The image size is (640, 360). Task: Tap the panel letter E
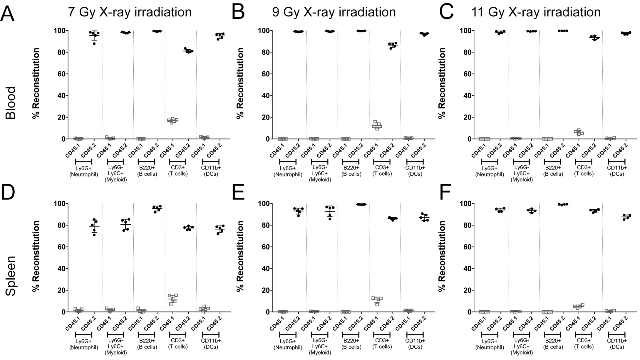click(x=238, y=192)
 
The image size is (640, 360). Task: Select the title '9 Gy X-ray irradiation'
click(x=334, y=12)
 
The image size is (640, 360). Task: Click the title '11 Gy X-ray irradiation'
click(x=536, y=12)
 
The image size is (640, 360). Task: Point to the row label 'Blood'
click(x=11, y=103)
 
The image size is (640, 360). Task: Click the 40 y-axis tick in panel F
click(x=465, y=269)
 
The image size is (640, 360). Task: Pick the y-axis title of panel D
click(x=36, y=256)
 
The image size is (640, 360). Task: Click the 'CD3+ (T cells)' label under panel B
click(x=382, y=171)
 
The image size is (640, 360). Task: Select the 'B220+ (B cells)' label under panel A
click(x=147, y=171)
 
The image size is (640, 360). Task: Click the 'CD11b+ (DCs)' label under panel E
click(x=415, y=344)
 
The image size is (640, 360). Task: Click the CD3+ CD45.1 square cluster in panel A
click(x=172, y=120)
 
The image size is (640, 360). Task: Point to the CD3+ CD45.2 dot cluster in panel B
click(x=393, y=45)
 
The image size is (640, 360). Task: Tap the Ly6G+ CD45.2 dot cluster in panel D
click(x=94, y=226)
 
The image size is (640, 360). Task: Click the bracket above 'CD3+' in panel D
click(x=177, y=334)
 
